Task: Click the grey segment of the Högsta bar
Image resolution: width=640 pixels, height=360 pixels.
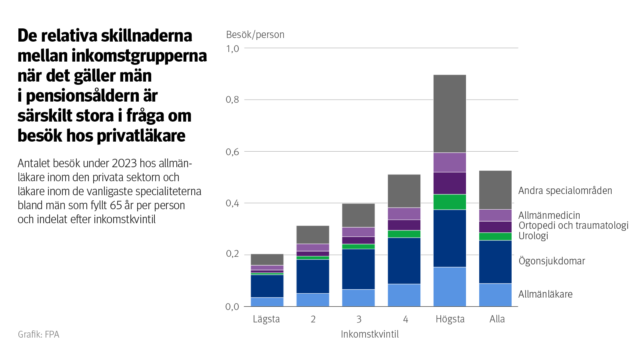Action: tap(450, 114)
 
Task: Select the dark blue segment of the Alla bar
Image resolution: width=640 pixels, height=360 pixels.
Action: tap(495, 262)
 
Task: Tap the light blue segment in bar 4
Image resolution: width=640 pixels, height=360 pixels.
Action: tap(404, 295)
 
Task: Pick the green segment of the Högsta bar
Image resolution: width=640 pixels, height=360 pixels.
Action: tap(450, 202)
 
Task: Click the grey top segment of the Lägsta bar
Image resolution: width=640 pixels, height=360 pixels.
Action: tap(267, 259)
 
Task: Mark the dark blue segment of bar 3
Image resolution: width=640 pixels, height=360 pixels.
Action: tap(358, 269)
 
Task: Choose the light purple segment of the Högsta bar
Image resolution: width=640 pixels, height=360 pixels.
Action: tap(450, 162)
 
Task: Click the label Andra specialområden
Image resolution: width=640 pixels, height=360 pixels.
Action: tap(565, 190)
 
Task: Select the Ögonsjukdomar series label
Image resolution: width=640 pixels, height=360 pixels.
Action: tap(552, 261)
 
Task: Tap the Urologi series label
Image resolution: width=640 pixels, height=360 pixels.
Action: tap(533, 236)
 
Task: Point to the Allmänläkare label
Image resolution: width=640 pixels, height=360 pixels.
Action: tap(545, 294)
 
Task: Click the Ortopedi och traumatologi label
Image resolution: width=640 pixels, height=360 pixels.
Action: tap(573, 225)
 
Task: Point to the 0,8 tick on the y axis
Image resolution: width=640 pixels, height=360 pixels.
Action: tap(232, 100)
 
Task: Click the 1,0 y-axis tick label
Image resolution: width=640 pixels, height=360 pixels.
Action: tap(232, 48)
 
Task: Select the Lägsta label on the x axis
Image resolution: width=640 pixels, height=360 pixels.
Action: tap(266, 319)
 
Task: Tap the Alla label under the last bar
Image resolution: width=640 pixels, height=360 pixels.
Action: tap(497, 319)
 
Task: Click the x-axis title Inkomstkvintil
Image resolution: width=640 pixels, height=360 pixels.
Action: tap(370, 334)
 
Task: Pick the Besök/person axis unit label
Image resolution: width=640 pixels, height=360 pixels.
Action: tap(255, 35)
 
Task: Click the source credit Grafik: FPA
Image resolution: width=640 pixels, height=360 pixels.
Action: tap(38, 334)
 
